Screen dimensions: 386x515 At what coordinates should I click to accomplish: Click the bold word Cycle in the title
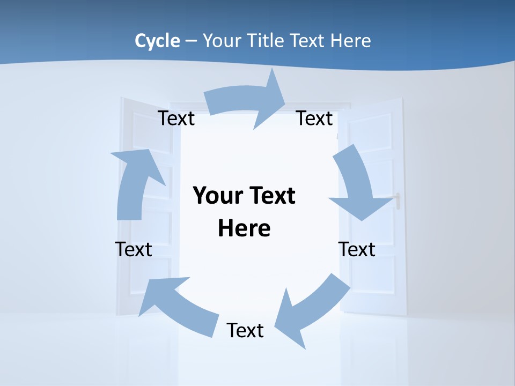(157, 41)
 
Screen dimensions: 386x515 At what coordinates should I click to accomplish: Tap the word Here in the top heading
(350, 41)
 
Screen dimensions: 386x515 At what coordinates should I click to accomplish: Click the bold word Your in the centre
(216, 196)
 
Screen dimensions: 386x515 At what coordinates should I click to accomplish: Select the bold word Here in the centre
(244, 228)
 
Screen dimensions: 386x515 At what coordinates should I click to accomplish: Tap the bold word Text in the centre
(269, 196)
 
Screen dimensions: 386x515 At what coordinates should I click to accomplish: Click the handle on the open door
(398, 201)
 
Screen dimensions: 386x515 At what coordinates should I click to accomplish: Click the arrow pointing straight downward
(357, 188)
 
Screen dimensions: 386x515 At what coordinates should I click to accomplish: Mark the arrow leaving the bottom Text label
(177, 306)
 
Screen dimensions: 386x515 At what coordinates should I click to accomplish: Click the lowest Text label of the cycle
(245, 330)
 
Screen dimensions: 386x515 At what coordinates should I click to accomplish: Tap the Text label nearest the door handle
(357, 249)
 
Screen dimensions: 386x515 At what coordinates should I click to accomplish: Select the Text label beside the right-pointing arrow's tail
(176, 118)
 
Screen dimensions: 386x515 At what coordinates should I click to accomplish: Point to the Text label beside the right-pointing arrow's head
(314, 118)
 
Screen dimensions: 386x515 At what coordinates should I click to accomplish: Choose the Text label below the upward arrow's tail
(134, 249)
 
